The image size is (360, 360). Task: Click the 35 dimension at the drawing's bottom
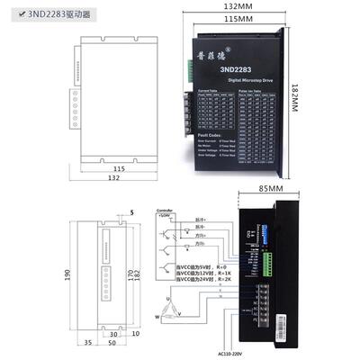point(88,343)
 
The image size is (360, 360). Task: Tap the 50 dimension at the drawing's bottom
point(112,343)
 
